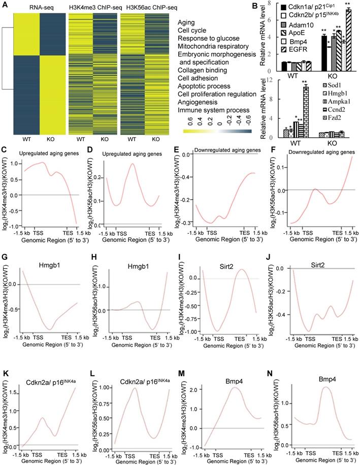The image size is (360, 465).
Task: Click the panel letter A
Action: click(x=5, y=5)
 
